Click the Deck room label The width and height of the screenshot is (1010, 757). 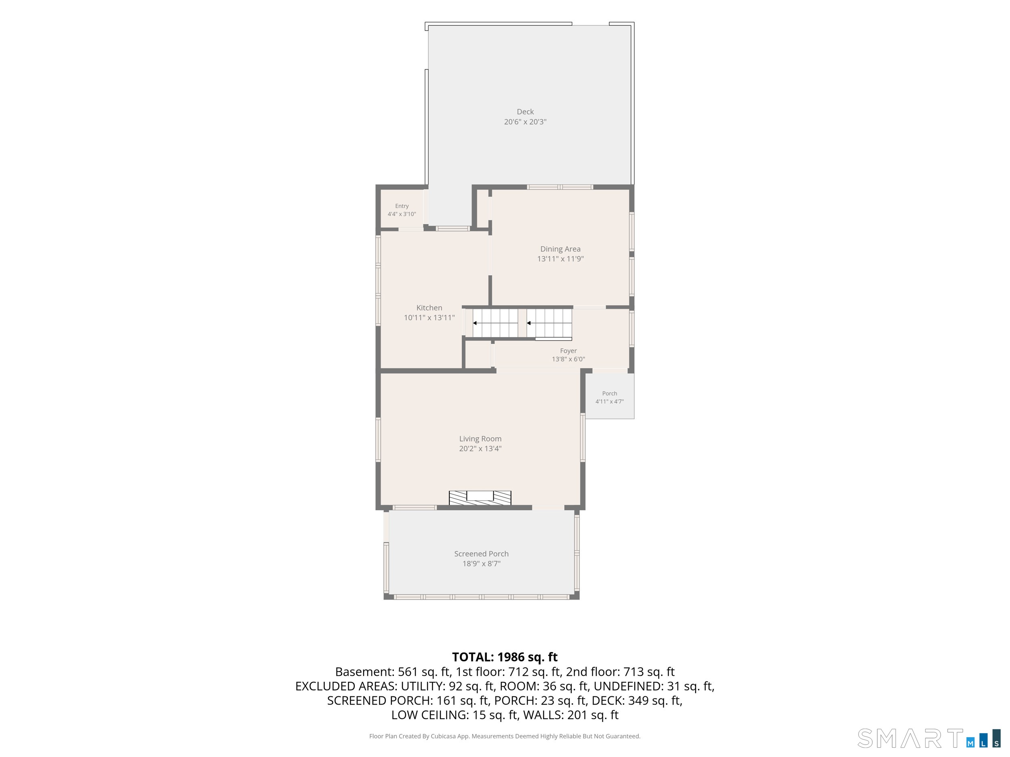point(525,112)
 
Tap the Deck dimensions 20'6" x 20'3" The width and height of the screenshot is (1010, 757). point(525,122)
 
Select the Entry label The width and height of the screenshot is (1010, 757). point(402,206)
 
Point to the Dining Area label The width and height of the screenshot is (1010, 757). point(560,249)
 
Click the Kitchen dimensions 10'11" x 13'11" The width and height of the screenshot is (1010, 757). point(429,318)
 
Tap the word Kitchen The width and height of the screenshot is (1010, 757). point(429,308)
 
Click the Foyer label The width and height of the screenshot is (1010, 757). point(568,351)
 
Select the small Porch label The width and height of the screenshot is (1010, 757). point(610,393)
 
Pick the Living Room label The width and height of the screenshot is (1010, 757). point(480,439)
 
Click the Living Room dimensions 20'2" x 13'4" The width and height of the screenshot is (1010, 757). point(480,449)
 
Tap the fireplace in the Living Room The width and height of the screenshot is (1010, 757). point(480,498)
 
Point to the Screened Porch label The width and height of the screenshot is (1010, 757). point(481,554)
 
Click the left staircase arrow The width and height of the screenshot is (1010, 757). point(495,323)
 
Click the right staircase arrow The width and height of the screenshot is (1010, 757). point(549,323)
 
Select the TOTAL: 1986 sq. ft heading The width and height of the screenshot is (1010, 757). point(505,657)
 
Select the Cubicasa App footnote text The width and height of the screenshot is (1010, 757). point(505,736)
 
